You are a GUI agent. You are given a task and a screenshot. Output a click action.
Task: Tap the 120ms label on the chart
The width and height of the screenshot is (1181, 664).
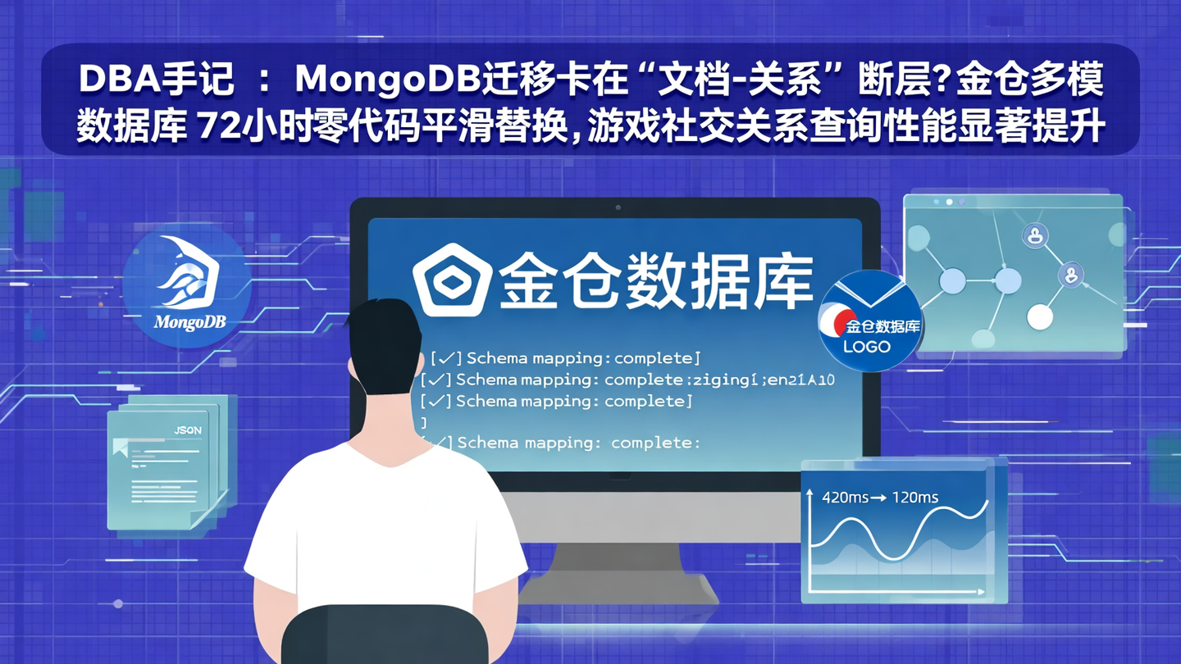[916, 498]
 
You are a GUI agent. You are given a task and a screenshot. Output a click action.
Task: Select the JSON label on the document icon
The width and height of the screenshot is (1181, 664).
[188, 430]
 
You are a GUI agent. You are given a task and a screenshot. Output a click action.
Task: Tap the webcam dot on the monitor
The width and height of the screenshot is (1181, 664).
[618, 207]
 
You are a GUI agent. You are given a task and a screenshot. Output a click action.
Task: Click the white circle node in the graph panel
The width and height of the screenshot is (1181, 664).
[1039, 316]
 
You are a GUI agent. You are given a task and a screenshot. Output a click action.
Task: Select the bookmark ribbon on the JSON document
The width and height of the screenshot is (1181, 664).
[120, 448]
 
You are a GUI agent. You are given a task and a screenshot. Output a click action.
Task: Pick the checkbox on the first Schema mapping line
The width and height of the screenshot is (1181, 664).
[446, 358]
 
